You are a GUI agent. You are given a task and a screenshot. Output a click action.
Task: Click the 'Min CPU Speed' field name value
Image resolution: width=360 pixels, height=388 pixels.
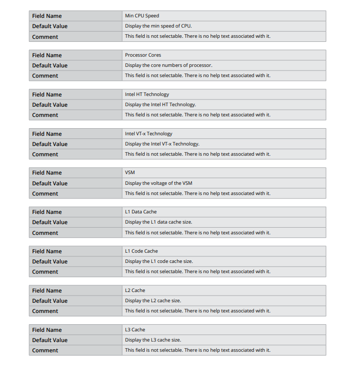point(142,16)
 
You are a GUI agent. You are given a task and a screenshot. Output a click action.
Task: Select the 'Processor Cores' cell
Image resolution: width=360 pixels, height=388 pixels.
point(143,55)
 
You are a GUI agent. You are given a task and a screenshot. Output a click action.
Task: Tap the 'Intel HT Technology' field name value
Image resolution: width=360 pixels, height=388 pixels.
point(147,94)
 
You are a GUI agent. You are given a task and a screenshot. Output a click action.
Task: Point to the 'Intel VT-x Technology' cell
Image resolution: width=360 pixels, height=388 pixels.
point(148,134)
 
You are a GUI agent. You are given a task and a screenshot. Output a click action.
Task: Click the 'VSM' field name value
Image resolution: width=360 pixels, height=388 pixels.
point(130,173)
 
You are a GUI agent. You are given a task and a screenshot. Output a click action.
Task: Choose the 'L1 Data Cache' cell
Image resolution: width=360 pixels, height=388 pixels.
point(141,212)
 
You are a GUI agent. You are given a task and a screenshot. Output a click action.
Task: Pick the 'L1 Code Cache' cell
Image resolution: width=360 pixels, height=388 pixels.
point(141,251)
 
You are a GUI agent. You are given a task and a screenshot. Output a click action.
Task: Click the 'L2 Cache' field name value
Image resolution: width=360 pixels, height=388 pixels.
point(135,290)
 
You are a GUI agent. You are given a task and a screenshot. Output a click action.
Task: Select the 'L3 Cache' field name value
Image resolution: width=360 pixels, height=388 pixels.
point(135,330)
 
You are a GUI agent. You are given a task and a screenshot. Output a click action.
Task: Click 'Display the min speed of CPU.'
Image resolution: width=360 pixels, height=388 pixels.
point(159,26)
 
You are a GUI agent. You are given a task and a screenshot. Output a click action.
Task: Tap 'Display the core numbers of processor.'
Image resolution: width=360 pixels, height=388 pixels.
point(168,65)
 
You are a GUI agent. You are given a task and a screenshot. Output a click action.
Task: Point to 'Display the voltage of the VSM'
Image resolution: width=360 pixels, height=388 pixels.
point(159,183)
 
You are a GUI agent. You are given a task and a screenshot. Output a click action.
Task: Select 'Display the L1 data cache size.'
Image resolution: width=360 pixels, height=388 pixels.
point(159,222)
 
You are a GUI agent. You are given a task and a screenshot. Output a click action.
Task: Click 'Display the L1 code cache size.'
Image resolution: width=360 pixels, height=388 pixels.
point(159,261)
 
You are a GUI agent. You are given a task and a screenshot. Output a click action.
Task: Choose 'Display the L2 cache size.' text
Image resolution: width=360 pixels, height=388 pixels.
point(153,301)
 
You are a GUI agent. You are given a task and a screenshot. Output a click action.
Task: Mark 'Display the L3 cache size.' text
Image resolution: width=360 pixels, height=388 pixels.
point(153,340)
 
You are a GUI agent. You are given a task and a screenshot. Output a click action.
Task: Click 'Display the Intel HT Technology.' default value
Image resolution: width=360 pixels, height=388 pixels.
point(161,105)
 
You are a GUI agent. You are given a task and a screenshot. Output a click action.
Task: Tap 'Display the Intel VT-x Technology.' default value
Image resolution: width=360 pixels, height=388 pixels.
point(162,144)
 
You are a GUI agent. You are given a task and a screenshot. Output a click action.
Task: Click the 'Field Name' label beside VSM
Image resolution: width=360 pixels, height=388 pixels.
point(47,173)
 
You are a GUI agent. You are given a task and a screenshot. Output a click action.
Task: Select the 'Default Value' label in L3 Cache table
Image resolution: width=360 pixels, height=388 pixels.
point(49,340)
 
